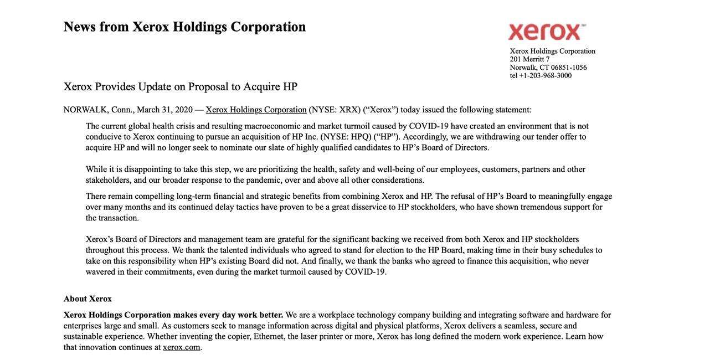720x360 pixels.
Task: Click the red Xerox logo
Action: pos(546,32)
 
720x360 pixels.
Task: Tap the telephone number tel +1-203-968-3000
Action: pos(541,76)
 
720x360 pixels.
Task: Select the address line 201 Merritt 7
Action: pos(529,59)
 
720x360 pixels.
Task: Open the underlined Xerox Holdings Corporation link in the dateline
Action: pos(256,110)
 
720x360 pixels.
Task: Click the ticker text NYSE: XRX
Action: pos(335,110)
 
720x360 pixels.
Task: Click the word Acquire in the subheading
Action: pos(261,87)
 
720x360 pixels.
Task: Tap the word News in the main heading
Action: pos(79,27)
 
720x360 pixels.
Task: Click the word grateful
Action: pos(291,239)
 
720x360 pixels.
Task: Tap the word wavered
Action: pos(100,272)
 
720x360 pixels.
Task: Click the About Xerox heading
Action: pos(88,299)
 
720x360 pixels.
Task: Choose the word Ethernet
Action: pos(269,337)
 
